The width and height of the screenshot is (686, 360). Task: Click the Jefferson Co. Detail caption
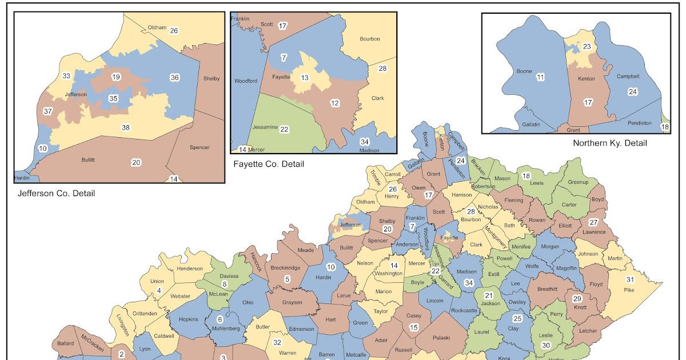tap(57, 193)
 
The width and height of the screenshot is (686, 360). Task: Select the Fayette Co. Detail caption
tap(269, 164)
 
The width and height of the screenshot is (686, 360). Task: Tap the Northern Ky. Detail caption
tap(610, 143)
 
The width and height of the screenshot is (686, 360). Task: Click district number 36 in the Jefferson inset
tap(175, 77)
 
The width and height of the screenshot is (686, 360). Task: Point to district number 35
tap(114, 98)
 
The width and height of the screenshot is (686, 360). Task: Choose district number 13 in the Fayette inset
tap(305, 78)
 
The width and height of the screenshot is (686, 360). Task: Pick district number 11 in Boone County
tap(539, 77)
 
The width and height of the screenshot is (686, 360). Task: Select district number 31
tap(631, 279)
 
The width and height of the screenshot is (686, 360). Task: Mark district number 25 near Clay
tap(517, 318)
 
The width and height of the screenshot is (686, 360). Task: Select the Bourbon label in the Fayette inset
tap(370, 39)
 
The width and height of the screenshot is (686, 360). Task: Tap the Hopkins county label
tap(188, 320)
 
